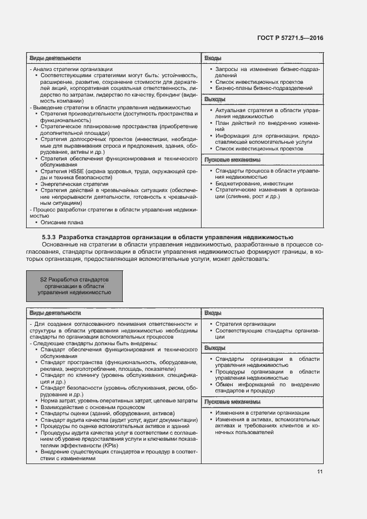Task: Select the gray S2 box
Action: pos(74,285)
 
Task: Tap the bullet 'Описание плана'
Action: pos(62,222)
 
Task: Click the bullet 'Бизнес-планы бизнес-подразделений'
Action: pos(264,88)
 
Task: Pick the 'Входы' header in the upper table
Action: pos(213,58)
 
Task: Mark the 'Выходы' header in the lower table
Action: pos(215,348)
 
